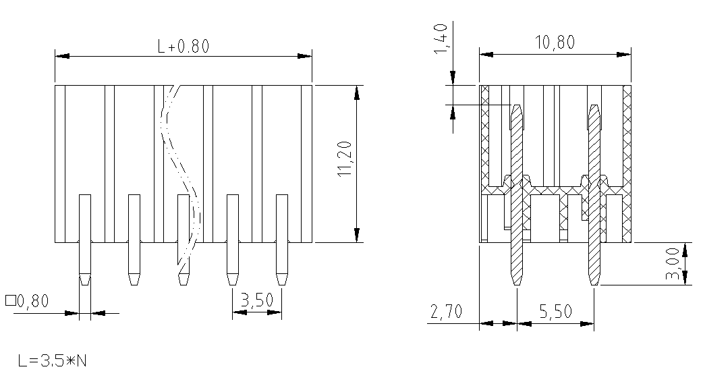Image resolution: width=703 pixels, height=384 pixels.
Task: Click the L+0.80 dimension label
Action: (x=184, y=46)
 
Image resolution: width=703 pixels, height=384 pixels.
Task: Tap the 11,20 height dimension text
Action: (x=345, y=159)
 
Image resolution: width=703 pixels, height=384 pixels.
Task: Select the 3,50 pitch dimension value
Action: (x=256, y=300)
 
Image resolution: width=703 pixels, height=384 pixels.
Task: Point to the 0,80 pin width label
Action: (x=33, y=300)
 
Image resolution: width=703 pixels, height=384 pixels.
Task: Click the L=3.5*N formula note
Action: (x=53, y=360)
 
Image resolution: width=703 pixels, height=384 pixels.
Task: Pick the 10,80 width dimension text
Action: (x=555, y=42)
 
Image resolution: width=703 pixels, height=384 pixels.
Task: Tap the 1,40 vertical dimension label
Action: (x=441, y=39)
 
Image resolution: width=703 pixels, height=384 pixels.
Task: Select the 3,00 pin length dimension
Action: (x=673, y=265)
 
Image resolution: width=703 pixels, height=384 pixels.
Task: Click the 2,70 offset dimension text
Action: (x=446, y=311)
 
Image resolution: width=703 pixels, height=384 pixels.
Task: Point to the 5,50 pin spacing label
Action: (x=555, y=311)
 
